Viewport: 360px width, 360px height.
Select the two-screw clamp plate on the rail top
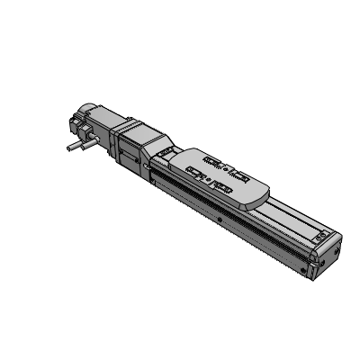point(322,237)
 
